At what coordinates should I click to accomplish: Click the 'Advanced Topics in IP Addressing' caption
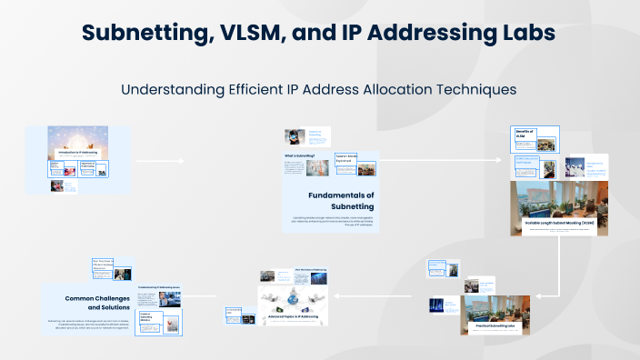(286, 315)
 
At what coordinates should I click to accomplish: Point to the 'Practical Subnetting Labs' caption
(495, 325)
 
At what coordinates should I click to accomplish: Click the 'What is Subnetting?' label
(299, 155)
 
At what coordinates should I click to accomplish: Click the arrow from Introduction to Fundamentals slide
(160, 160)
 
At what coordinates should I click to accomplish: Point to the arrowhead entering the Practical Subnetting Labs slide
(535, 295)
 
